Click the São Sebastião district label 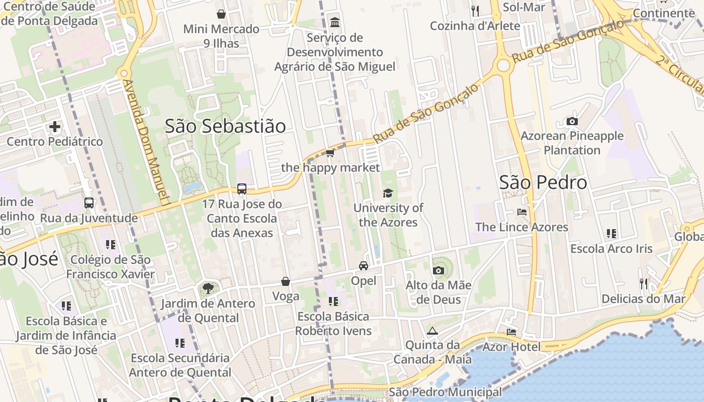225,126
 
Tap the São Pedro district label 543,182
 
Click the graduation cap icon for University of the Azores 388,193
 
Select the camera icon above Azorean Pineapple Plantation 572,121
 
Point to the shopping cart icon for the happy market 330,153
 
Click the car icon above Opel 364,266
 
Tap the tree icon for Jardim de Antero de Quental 207,288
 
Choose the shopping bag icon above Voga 286,281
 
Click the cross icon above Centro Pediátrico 55,127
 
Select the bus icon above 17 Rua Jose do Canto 242,189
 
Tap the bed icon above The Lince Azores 522,212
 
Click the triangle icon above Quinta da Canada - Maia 432,331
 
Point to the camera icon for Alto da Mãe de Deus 438,271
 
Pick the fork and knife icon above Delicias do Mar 644,284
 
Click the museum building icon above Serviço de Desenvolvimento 334,23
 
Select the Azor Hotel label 511,347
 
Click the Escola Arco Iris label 611,249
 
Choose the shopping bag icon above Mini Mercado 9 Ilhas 221,14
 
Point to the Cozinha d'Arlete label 475,26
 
